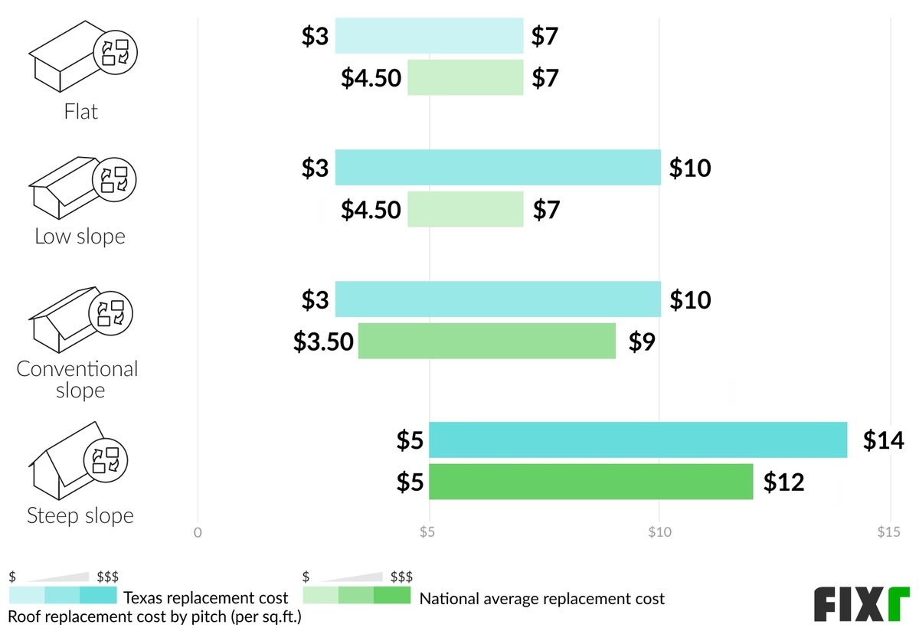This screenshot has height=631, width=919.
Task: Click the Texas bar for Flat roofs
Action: (429, 36)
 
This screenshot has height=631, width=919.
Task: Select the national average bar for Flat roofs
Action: (465, 77)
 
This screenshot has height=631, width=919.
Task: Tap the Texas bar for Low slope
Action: (498, 168)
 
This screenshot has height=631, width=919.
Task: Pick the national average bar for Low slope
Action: (465, 209)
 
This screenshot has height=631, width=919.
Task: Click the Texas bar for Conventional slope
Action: (498, 299)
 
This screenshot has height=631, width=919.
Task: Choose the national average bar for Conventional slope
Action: (487, 341)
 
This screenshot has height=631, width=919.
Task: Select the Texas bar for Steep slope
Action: (638, 440)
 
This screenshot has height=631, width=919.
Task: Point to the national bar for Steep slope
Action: (590, 482)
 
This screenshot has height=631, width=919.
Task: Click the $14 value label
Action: (883, 440)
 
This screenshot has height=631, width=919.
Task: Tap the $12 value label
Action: (784, 482)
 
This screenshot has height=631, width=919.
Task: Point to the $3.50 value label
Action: (324, 342)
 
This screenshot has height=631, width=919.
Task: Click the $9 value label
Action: (643, 342)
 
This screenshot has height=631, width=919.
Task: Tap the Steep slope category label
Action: (80, 515)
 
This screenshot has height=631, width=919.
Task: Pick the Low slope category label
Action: (80, 236)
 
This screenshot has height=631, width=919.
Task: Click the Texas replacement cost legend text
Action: (206, 598)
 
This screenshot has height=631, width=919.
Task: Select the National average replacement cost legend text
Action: (542, 598)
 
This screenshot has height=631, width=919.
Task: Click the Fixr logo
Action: (861, 604)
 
